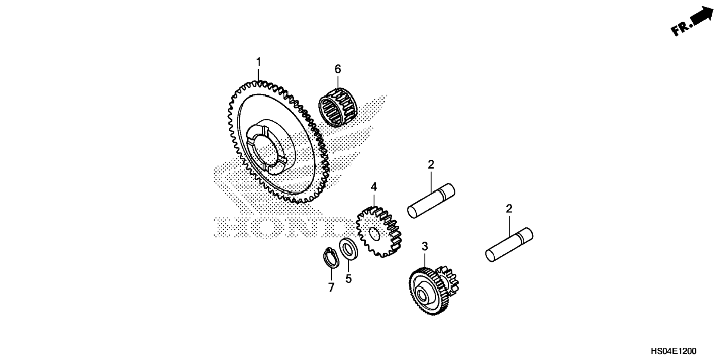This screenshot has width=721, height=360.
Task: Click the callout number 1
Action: [258, 62]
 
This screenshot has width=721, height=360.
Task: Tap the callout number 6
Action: [337, 69]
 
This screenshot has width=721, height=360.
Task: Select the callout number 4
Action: [374, 187]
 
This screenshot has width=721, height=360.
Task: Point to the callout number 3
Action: [425, 246]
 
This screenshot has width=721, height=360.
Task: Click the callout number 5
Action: [348, 279]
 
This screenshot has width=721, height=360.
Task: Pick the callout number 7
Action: [331, 287]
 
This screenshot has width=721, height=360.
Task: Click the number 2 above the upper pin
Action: [431, 164]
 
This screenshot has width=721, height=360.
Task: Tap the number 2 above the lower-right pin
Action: [509, 209]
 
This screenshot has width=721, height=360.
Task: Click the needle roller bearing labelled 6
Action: [338, 107]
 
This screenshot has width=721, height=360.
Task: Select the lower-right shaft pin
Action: [509, 244]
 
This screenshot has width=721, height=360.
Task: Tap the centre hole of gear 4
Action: [374, 235]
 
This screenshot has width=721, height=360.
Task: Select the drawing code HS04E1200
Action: [673, 351]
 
